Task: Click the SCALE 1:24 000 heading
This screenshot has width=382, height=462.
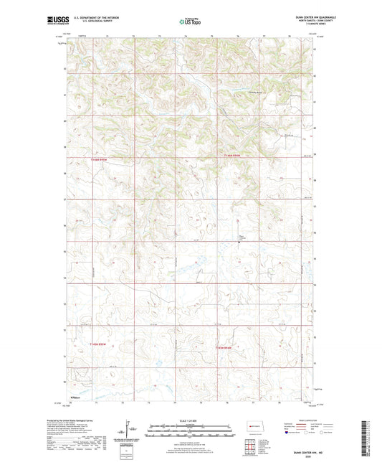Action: click(190, 420)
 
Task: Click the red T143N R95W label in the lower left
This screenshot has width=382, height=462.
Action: click(101, 345)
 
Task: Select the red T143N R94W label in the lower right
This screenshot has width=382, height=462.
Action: click(224, 346)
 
